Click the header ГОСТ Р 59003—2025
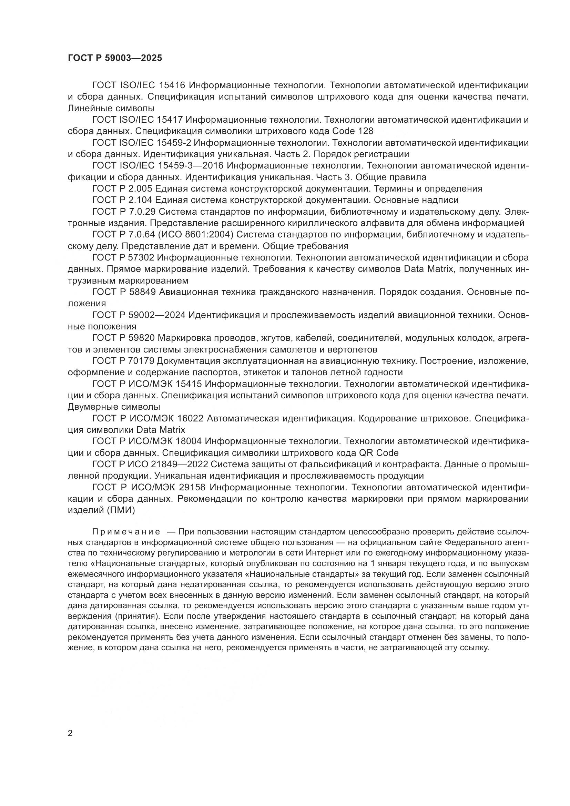[115, 58]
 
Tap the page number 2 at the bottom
[70, 733]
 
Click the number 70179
[141, 361]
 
